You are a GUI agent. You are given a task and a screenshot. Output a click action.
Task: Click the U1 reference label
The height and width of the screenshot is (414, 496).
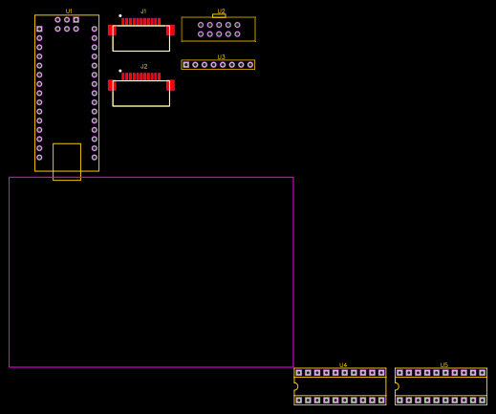click(69, 11)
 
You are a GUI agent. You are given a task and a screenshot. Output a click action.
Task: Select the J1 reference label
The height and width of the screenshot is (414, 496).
click(143, 11)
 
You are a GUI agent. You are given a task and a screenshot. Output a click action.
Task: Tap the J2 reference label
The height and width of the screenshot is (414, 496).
click(143, 67)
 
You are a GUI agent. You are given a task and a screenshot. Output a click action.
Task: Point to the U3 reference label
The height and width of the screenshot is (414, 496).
click(221, 57)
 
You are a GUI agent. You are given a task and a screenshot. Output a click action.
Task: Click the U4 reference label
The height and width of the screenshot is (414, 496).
click(343, 365)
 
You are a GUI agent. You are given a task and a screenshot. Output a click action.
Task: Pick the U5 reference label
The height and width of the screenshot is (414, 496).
click(443, 365)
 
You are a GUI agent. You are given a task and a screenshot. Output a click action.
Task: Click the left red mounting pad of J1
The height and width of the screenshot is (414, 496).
click(112, 30)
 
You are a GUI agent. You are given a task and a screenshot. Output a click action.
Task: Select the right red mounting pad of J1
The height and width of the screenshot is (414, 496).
click(170, 30)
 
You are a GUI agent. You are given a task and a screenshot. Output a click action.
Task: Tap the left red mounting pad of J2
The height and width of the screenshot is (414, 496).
click(112, 85)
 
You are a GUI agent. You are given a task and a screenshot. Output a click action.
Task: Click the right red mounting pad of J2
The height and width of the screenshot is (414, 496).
click(170, 85)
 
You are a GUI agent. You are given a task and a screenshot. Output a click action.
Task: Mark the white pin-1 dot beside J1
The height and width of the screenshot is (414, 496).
click(119, 15)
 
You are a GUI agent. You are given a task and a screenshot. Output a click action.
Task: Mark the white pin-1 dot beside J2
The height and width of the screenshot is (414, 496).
click(119, 71)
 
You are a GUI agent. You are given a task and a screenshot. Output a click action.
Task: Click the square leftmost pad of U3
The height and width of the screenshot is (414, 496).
click(186, 65)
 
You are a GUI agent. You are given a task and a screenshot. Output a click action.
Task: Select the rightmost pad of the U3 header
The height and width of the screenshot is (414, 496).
click(250, 65)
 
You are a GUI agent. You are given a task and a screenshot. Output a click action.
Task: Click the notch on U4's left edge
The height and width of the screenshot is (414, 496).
click(295, 386)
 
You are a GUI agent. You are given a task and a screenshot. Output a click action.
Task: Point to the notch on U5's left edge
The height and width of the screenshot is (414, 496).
click(397, 386)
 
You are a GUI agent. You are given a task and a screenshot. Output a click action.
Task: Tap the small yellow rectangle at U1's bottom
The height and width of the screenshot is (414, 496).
click(67, 161)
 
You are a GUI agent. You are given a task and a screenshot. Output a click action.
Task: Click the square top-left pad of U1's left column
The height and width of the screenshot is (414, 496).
click(39, 29)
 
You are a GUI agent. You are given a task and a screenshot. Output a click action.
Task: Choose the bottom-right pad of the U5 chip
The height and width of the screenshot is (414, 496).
click(482, 401)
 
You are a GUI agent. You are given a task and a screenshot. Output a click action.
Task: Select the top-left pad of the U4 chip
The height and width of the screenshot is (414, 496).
click(299, 373)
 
